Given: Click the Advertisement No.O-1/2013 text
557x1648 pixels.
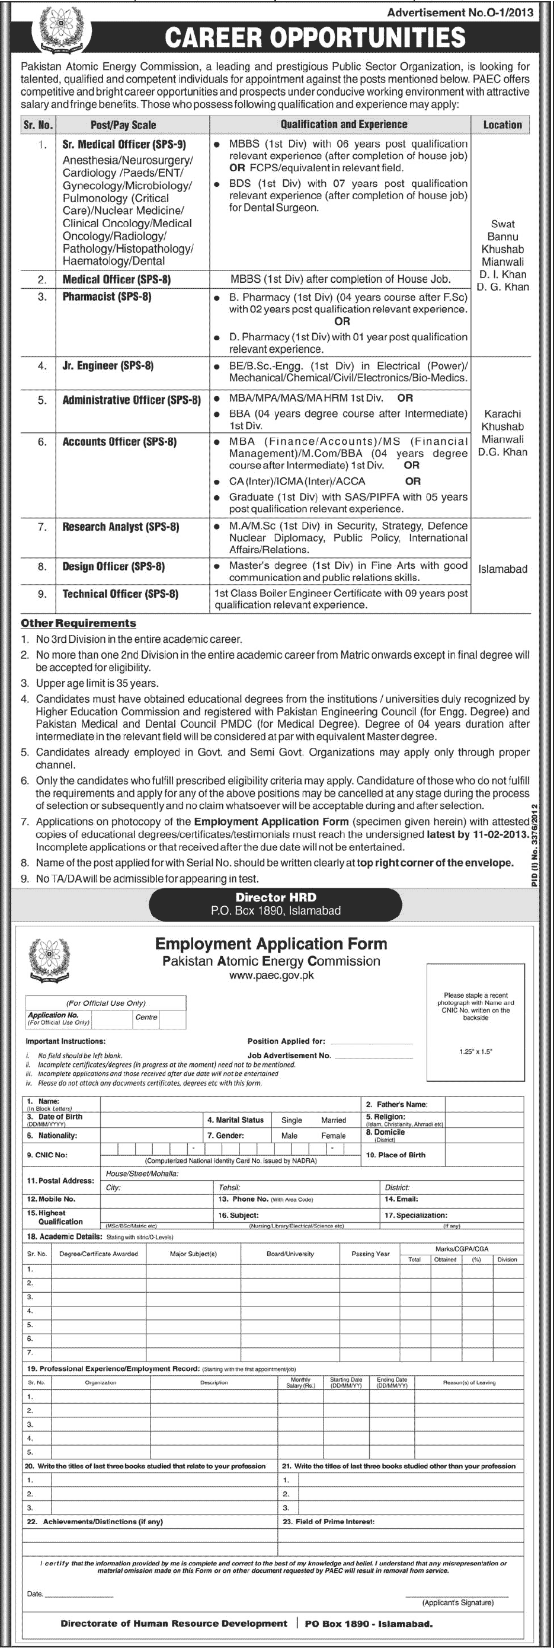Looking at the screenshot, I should coord(460,12).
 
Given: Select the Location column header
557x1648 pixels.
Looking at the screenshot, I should coord(502,125).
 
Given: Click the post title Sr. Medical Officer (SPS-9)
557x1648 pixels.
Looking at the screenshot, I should coord(124,145).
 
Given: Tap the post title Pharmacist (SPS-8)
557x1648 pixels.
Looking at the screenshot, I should coord(107,297).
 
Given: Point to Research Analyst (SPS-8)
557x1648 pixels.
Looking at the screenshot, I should coord(120,527).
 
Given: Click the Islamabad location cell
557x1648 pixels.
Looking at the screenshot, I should coord(502,569).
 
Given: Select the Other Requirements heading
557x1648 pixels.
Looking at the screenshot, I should coord(79,623).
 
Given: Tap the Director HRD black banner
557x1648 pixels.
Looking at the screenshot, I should coord(276,904).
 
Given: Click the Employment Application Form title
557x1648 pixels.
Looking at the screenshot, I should coord(271,943).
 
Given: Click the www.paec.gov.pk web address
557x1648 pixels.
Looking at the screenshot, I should coord(271,976).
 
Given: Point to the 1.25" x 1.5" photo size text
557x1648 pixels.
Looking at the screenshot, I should coord(476,1051).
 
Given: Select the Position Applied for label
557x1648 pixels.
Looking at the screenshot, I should coord(286,1041).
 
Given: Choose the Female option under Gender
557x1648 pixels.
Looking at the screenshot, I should coord(333,1136).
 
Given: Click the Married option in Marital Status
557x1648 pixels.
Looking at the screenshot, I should coord(333,1120).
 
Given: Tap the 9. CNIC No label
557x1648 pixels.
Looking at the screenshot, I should coord(47,1155).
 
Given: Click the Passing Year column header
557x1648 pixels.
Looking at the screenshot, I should coord(370,1254).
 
